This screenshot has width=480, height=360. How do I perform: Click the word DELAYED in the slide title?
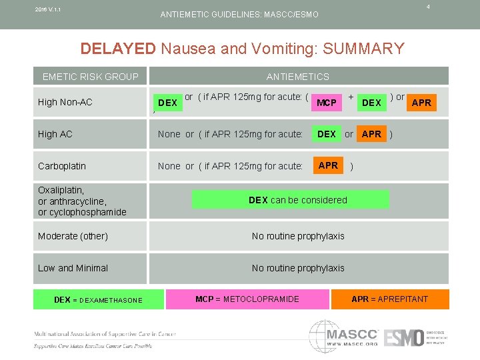coord(117,49)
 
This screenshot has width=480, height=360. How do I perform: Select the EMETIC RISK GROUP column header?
coord(90,76)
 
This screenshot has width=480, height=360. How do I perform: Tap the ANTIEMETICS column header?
coord(297,76)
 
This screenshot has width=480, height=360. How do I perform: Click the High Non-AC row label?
coord(65,102)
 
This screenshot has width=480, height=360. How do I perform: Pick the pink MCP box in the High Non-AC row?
coord(327,103)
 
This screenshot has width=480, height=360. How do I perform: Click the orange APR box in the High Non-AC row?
coord(421,102)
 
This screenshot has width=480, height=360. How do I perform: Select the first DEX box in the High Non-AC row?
coord(167,103)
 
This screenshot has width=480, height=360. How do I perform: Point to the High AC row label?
coord(55,134)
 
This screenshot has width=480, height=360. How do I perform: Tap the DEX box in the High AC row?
coord(327,134)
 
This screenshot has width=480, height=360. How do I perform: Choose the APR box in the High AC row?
coord(371,134)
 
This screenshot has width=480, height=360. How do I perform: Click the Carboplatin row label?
coord(62,166)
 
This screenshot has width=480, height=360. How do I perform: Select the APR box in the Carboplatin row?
coord(328,165)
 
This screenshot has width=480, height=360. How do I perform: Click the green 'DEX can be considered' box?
coord(297,200)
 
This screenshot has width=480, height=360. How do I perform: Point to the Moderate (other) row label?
coord(73,236)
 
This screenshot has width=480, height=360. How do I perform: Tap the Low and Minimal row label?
coord(73,268)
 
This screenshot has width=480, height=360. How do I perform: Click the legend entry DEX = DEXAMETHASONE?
coord(98,299)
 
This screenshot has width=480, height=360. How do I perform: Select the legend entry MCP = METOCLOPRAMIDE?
coord(247,299)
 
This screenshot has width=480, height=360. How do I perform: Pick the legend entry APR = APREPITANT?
coord(389,299)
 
